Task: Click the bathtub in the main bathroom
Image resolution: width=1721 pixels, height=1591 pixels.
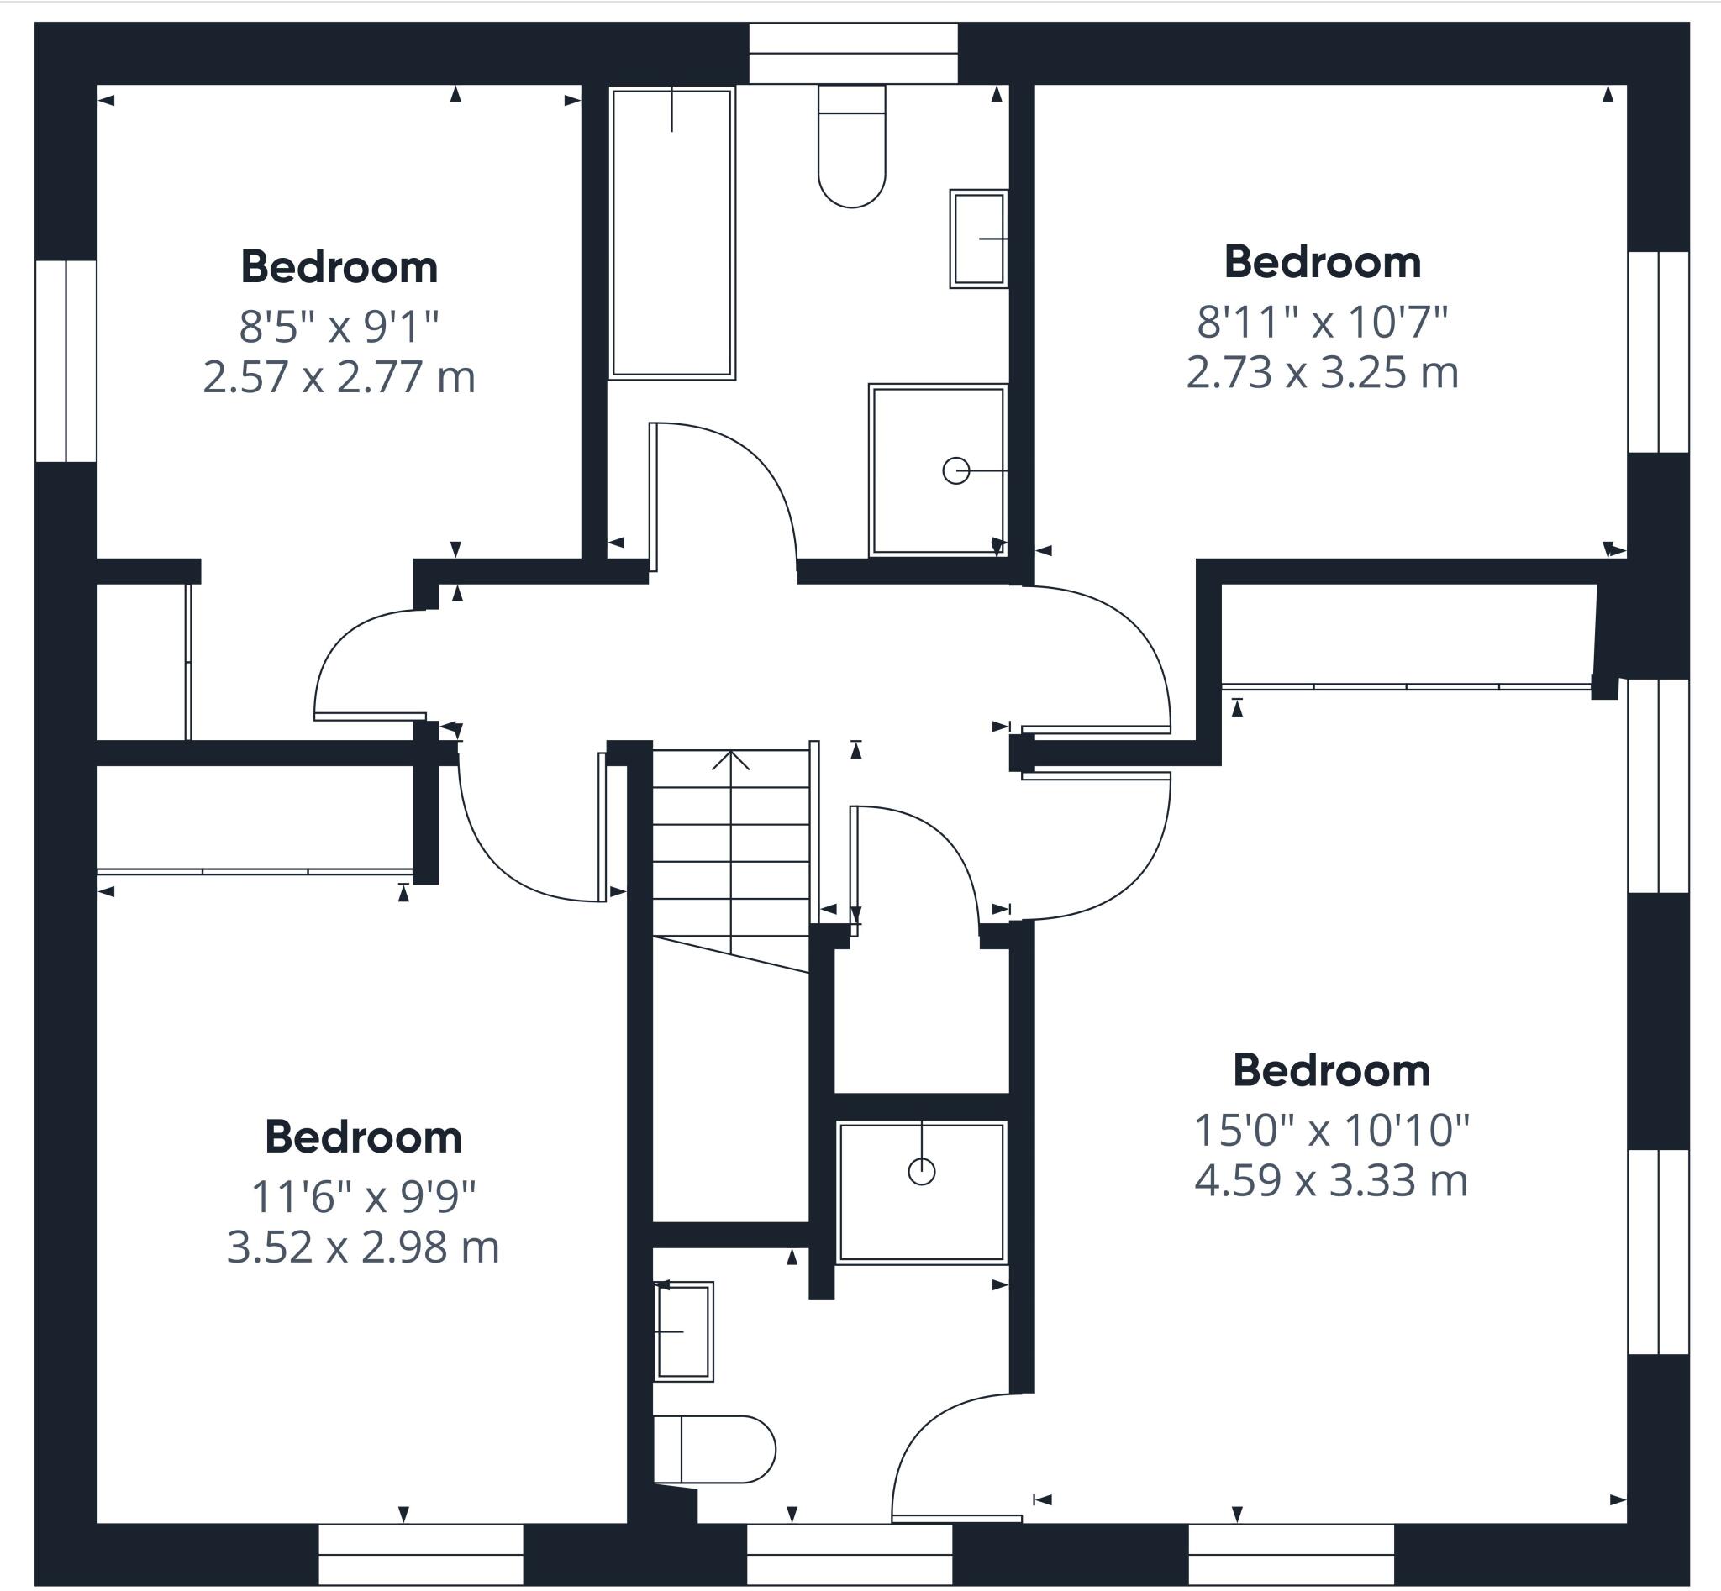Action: pos(672,233)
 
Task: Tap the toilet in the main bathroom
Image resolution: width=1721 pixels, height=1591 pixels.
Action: pos(852,146)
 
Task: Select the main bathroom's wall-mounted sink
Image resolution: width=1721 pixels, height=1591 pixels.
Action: pos(978,239)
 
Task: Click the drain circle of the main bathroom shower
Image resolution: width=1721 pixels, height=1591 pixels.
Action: pos(956,471)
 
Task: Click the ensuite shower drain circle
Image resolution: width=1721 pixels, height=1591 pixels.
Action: pos(922,1171)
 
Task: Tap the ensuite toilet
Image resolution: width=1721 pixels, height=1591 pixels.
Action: pos(714,1450)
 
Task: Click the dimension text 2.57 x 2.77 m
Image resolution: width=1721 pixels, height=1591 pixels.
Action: pos(339,377)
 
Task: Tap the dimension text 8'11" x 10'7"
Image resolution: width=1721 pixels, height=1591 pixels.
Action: pos(1322,322)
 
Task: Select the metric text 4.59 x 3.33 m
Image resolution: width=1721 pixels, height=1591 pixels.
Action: pos(1331,1179)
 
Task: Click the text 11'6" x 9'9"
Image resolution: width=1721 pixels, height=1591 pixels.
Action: pos(363,1196)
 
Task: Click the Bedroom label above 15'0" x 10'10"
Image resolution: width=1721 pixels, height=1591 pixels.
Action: pos(1332,1070)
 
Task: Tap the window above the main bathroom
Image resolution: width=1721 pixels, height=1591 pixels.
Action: pos(853,54)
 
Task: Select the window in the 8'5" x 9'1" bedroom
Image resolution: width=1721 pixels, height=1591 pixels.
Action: pos(66,360)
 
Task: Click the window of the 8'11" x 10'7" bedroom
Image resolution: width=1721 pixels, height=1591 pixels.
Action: pos(1658,352)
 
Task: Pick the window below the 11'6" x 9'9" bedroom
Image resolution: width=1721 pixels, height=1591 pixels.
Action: pos(420,1554)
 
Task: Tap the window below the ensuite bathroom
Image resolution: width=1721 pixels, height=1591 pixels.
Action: pos(850,1554)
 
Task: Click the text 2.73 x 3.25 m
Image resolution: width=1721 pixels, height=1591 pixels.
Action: pos(1322,373)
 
